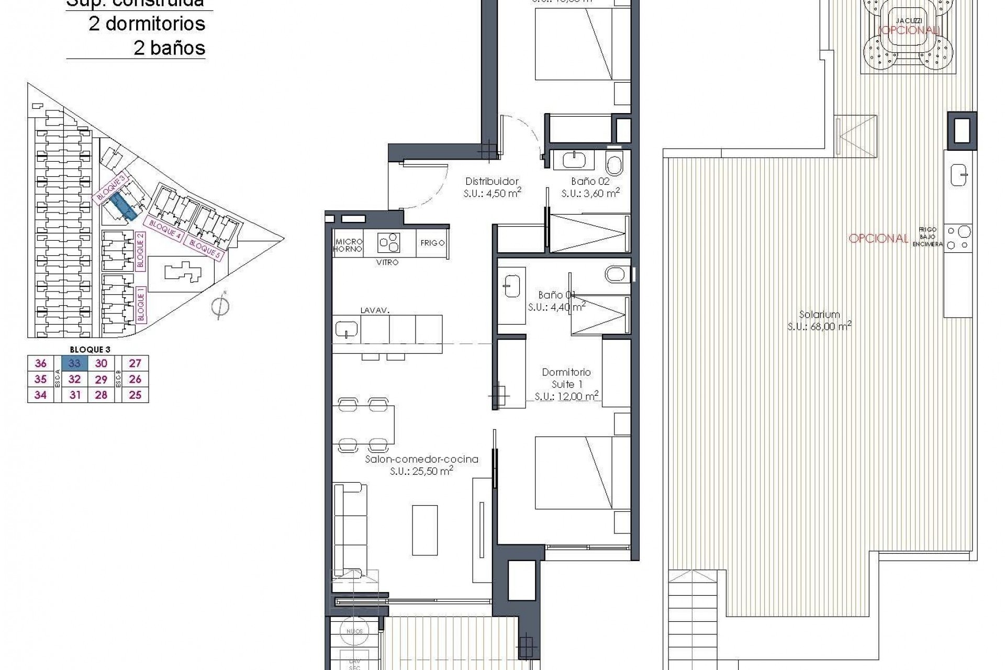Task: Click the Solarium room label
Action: click(819, 315)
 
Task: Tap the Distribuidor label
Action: click(492, 182)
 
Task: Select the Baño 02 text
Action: click(590, 182)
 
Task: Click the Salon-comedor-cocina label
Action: click(421, 459)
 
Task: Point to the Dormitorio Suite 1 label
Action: click(566, 378)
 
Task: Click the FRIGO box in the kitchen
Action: click(432, 243)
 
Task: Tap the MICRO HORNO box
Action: click(348, 245)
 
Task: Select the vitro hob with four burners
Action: click(389, 243)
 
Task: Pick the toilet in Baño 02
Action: click(614, 164)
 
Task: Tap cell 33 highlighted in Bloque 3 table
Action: click(74, 363)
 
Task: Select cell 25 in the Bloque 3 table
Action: click(135, 395)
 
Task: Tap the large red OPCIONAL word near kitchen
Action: click(878, 239)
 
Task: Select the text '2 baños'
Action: click(169, 48)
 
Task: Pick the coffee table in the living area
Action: click(425, 530)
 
